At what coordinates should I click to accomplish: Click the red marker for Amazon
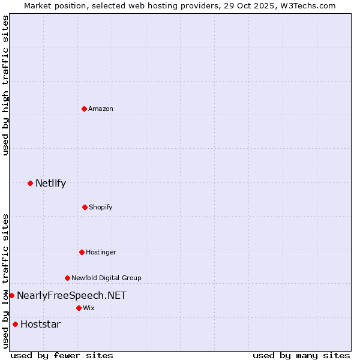[84, 109]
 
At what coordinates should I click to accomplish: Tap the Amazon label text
[101, 109]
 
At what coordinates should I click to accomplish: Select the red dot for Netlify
[30, 183]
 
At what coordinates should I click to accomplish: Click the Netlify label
[50, 184]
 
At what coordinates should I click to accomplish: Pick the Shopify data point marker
[85, 207]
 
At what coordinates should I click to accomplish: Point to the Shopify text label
[101, 207]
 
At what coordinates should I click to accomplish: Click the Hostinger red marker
[82, 252]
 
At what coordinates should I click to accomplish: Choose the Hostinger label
[101, 252]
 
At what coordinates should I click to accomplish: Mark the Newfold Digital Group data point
[67, 278]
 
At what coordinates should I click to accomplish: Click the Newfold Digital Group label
[106, 278]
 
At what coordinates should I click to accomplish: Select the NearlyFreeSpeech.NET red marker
[11, 295]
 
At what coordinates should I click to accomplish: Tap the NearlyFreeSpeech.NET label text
[71, 295]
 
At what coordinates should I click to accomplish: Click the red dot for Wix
[79, 308]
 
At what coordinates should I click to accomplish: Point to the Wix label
[89, 308]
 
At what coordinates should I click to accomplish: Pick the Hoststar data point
[15, 324]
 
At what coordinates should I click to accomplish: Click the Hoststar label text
[40, 325]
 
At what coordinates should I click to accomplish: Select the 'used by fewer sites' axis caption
[62, 355]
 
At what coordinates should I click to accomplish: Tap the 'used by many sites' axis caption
[301, 355]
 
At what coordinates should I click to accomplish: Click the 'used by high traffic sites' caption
[5, 86]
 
